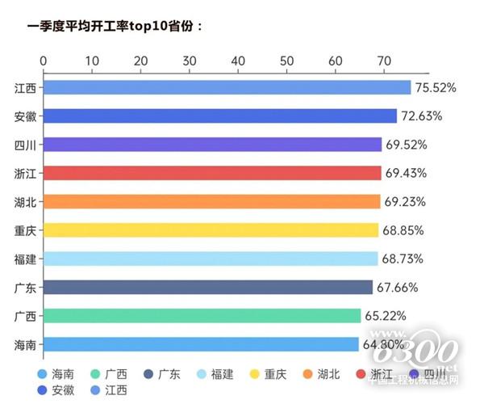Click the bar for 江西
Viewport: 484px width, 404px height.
(227, 87)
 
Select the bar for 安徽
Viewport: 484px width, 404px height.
(219, 116)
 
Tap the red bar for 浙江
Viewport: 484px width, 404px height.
(211, 173)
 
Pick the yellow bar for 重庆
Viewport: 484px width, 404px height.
(211, 230)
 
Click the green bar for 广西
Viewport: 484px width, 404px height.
(202, 316)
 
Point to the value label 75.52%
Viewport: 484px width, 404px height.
(436, 87)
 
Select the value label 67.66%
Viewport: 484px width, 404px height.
(398, 288)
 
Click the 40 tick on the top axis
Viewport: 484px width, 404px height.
(238, 61)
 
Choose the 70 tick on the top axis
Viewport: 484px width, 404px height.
(384, 61)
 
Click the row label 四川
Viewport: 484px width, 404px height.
(24, 145)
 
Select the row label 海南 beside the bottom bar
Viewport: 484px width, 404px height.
(24, 345)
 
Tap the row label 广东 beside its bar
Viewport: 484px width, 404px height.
(24, 288)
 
